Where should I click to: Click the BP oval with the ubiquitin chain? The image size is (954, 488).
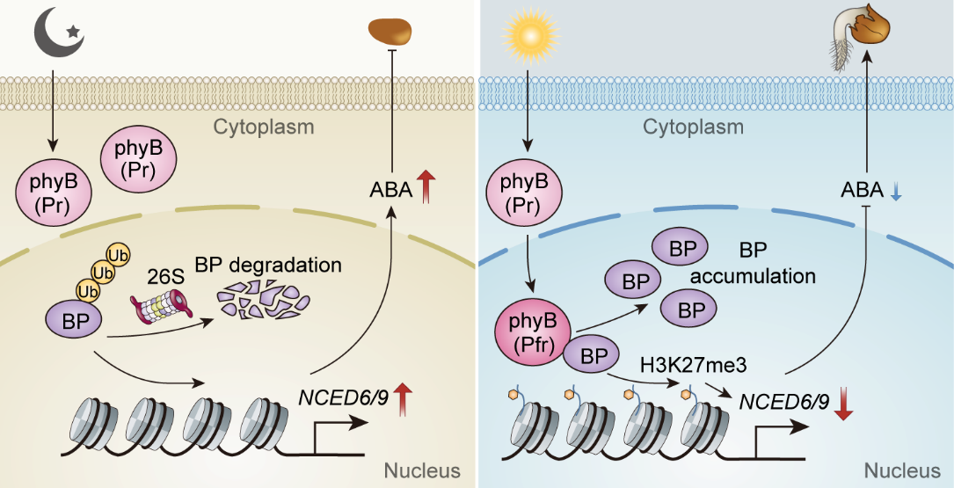pos(76,321)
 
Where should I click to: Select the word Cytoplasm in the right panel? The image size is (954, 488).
pos(693,127)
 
